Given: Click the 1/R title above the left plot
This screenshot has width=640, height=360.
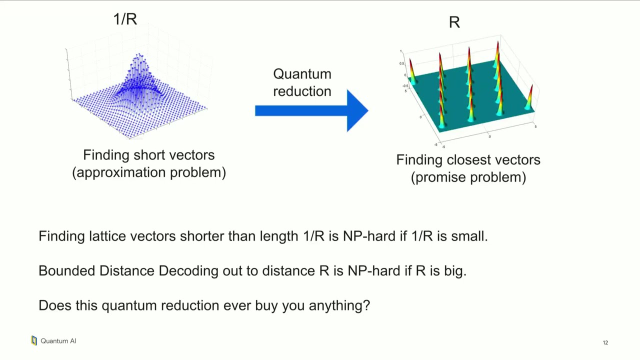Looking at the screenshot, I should [125, 19].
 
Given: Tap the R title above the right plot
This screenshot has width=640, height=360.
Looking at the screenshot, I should [454, 22].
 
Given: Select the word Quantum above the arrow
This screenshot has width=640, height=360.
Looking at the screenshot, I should [302, 74].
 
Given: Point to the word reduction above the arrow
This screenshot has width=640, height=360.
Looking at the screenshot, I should [302, 91].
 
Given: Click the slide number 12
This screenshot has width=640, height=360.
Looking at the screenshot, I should [605, 342].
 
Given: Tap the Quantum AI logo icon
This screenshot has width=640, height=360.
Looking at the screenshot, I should [34, 340].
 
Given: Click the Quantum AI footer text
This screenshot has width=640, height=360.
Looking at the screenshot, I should [58, 341].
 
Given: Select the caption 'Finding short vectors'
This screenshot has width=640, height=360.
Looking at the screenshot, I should [148, 155].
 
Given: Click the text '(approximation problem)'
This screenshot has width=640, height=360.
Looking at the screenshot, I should [149, 172].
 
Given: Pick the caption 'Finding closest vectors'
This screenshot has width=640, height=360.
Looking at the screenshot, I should [468, 160].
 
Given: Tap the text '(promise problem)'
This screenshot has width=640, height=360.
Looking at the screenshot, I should [468, 177].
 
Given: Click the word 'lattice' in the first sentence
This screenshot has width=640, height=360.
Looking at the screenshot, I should [107, 236].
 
